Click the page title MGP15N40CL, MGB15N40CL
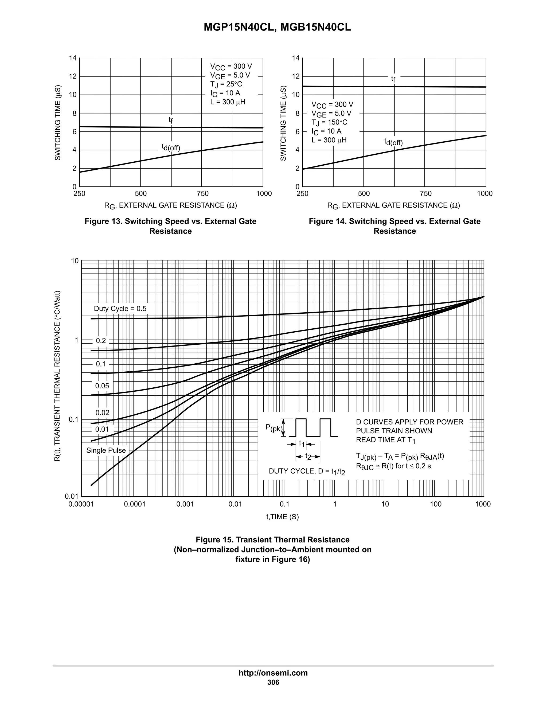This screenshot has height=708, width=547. (x=277, y=28)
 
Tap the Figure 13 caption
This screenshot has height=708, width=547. (x=170, y=226)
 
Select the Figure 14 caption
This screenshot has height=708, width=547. (x=394, y=226)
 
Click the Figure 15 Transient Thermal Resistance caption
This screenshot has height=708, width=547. (x=272, y=549)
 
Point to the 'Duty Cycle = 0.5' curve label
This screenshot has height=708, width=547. (x=120, y=309)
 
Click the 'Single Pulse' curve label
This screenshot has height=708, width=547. (x=106, y=450)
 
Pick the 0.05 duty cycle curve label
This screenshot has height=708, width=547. (x=102, y=386)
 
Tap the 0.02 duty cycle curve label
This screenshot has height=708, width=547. (x=102, y=413)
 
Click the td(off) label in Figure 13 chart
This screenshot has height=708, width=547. (x=171, y=147)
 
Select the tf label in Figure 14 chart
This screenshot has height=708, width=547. (x=393, y=79)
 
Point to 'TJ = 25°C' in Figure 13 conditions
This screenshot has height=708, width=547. (x=226, y=84)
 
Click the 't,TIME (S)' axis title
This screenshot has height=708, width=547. (x=282, y=517)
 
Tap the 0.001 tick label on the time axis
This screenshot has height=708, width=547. (x=185, y=504)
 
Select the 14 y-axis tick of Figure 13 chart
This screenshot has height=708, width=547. (x=73, y=58)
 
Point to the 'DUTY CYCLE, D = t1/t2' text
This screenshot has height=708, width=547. (x=307, y=471)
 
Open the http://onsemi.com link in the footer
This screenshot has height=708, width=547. (x=273, y=673)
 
